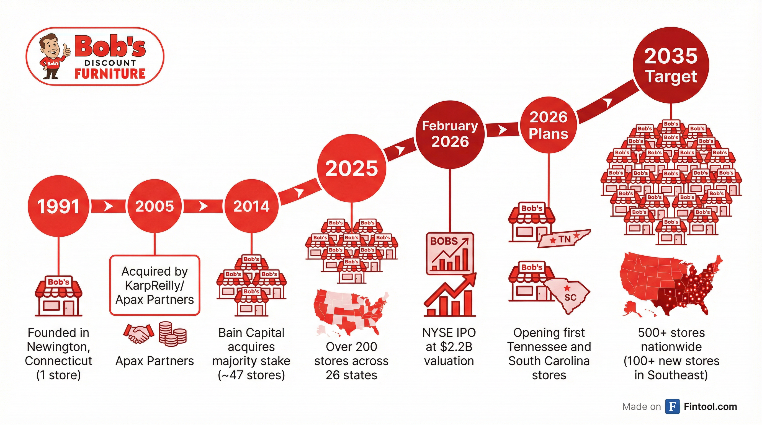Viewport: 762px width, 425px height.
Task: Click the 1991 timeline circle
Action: (x=58, y=206)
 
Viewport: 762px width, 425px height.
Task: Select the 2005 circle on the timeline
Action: (x=155, y=206)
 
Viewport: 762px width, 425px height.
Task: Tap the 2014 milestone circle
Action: (x=251, y=206)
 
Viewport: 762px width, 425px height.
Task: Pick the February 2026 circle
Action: (x=450, y=134)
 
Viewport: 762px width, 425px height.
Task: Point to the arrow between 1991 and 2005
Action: (x=109, y=206)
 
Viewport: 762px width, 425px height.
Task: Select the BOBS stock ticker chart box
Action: (x=450, y=253)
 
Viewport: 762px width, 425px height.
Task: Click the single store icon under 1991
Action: (x=59, y=296)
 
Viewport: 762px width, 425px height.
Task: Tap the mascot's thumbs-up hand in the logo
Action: (x=66, y=50)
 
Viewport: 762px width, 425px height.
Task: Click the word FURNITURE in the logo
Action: (x=110, y=74)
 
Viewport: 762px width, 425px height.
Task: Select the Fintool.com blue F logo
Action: (x=672, y=406)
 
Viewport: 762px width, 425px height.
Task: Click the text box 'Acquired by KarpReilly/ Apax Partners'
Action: (x=155, y=285)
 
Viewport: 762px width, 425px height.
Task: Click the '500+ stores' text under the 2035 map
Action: (x=671, y=333)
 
